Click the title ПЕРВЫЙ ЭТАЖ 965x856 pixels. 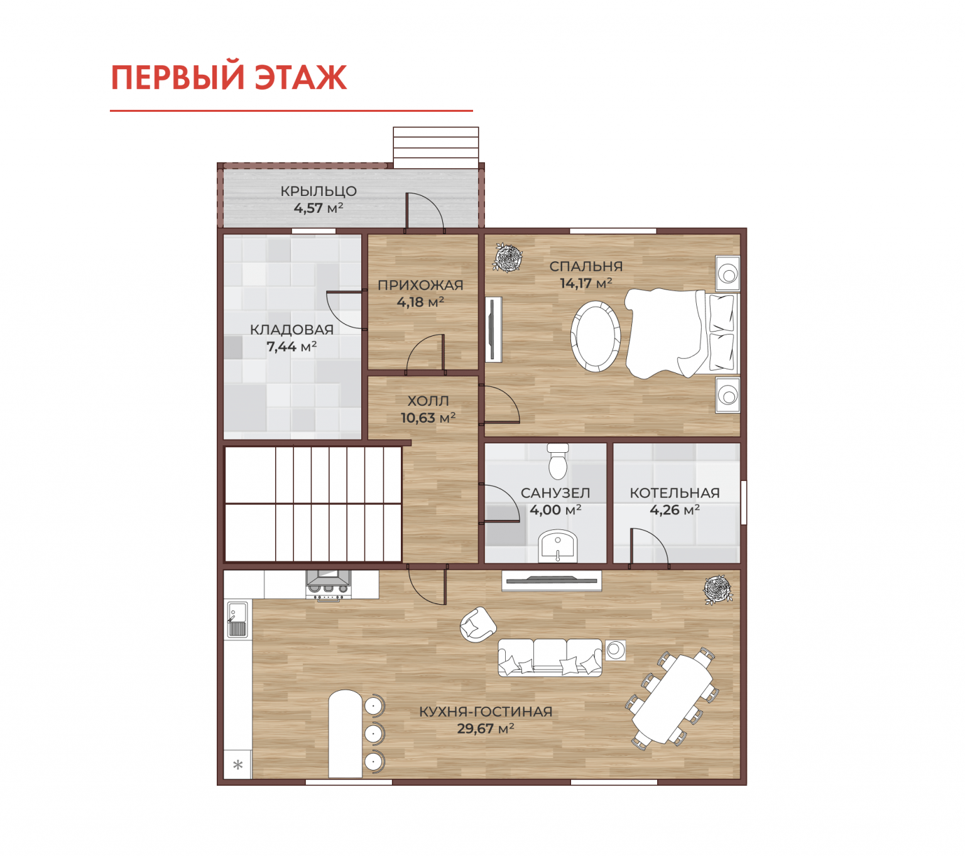[x=228, y=77]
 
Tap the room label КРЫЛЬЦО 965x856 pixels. [x=318, y=191]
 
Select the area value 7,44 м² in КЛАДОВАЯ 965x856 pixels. [x=291, y=346]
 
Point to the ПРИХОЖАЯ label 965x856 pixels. [x=420, y=284]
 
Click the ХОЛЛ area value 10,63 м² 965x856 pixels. [x=427, y=418]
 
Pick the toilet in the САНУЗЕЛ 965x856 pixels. [x=557, y=461]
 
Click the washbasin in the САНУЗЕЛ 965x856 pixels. [x=557, y=546]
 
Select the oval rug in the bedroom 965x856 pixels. [x=595, y=335]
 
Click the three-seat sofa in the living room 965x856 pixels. [x=549, y=657]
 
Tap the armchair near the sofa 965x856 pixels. [x=477, y=624]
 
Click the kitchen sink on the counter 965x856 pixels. [x=237, y=619]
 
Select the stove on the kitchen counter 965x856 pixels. [x=327, y=586]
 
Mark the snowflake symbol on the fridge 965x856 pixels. [x=237, y=764]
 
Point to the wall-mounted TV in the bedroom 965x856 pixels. [x=493, y=329]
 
